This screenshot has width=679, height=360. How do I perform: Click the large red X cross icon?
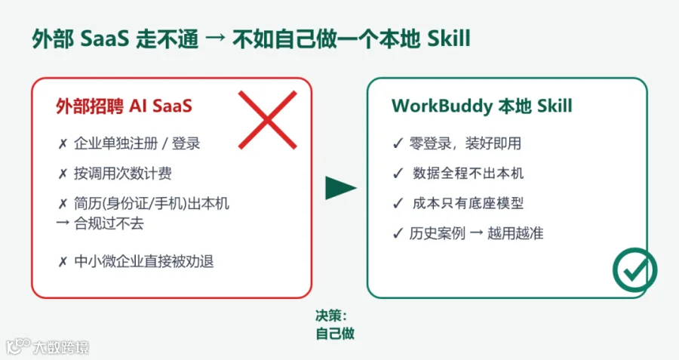tap(268, 120)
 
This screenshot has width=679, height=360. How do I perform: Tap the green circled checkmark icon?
tap(634, 270)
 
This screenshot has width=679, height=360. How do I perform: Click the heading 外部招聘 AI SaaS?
tap(124, 106)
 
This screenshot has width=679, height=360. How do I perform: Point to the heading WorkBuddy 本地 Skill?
tap(482, 106)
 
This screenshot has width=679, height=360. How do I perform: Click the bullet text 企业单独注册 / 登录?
tap(137, 143)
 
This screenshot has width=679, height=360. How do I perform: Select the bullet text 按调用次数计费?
tap(122, 174)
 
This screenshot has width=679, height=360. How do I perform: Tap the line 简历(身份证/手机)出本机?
tap(152, 203)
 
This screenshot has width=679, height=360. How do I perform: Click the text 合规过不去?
tap(109, 223)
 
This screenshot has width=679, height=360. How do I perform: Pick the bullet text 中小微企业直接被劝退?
tap(144, 261)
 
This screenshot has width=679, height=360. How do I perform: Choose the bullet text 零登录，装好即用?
tap(465, 143)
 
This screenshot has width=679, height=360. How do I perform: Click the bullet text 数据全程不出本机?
tap(468, 174)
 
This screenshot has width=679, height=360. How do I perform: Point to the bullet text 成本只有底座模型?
tap(468, 203)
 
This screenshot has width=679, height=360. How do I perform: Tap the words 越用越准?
tap(515, 233)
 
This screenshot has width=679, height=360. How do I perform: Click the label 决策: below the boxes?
tap(331, 315)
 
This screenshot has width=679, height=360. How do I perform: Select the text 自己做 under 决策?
tap(335, 334)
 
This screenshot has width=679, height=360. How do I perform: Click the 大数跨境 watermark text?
tap(61, 348)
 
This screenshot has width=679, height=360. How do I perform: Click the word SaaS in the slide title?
tap(105, 39)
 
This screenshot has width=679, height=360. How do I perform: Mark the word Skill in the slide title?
tap(449, 38)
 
